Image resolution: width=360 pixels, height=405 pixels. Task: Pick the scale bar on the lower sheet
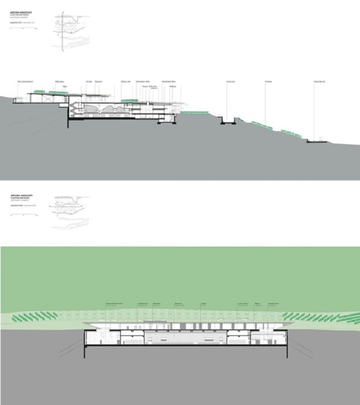tap(23, 213)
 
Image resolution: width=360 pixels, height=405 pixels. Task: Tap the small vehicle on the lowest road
tap(321, 138)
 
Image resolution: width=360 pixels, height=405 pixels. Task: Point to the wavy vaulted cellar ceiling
tap(108, 109)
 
